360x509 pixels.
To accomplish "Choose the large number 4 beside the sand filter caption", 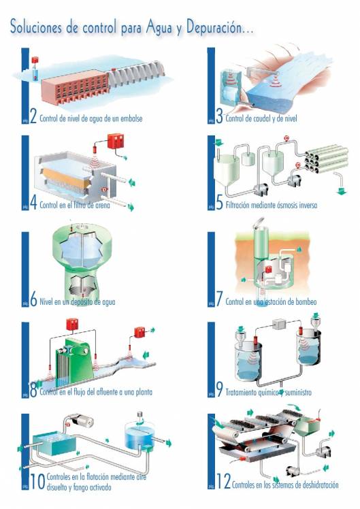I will pos(33,203).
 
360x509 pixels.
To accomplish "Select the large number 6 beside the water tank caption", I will pos(33,299).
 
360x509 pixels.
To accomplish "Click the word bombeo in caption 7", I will pos(304,301).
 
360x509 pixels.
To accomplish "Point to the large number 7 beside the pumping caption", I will pos(219,299).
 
